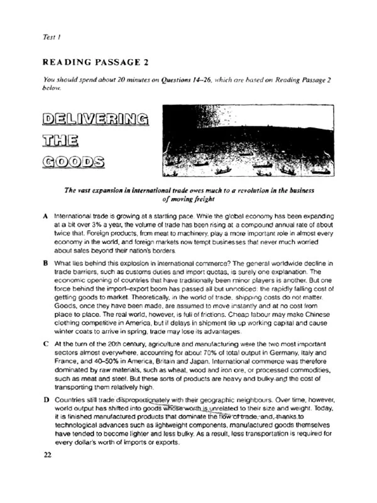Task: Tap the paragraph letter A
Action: point(46,216)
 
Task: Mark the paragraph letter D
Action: point(46,400)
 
